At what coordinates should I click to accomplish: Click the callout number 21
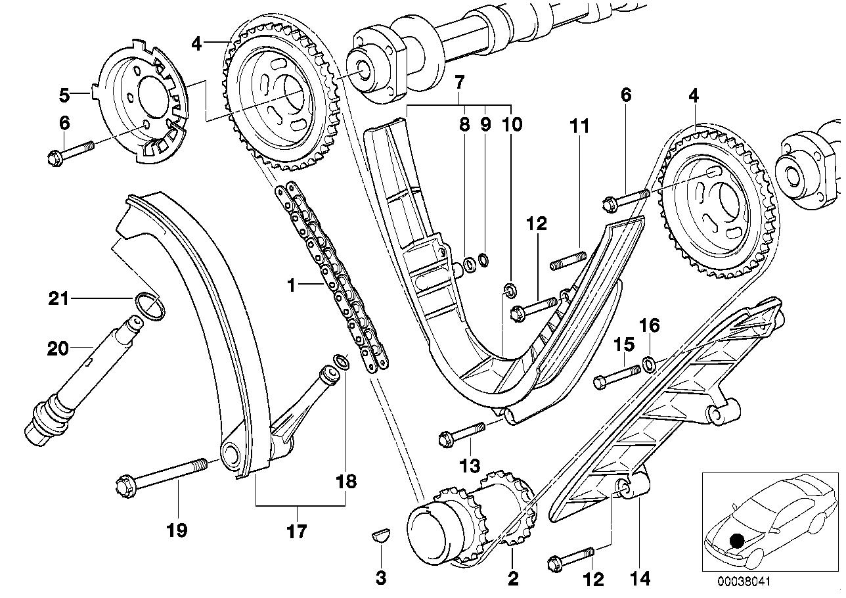pyautogui.click(x=58, y=300)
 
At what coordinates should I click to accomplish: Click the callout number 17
pyautogui.click(x=297, y=530)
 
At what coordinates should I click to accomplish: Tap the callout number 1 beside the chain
pyautogui.click(x=292, y=285)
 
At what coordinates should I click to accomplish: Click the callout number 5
pyautogui.click(x=64, y=95)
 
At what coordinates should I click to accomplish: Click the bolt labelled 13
pyautogui.click(x=460, y=432)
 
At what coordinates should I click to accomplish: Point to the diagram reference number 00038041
pyautogui.click(x=742, y=580)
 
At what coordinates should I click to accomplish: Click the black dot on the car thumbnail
pyautogui.click(x=737, y=540)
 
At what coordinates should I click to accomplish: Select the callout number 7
pyautogui.click(x=458, y=83)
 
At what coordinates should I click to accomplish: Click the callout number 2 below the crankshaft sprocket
pyautogui.click(x=512, y=578)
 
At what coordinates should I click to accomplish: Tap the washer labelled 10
pyautogui.click(x=508, y=288)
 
